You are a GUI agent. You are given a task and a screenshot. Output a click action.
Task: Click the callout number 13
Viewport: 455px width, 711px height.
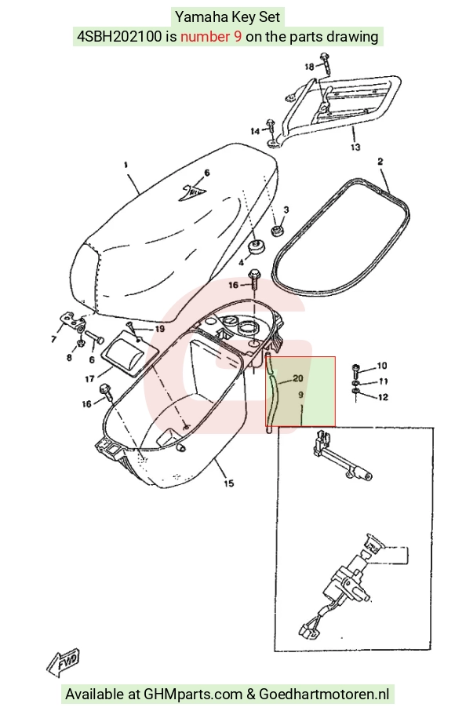pyautogui.click(x=355, y=147)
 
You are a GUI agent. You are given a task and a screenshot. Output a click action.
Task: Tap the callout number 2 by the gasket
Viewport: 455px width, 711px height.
pyautogui.click(x=380, y=161)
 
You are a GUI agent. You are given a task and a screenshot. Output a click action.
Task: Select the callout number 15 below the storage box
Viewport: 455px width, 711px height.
pyautogui.click(x=229, y=483)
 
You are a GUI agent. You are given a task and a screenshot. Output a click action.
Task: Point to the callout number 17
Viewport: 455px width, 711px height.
pyautogui.click(x=89, y=378)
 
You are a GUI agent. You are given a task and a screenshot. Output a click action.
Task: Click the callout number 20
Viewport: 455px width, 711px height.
pyautogui.click(x=298, y=378)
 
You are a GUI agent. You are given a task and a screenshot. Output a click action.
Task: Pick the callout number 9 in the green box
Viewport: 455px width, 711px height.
pyautogui.click(x=300, y=395)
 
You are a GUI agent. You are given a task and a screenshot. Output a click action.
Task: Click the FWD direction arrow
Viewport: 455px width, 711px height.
pyautogui.click(x=64, y=663)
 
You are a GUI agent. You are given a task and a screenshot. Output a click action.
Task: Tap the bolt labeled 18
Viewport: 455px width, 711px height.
pyautogui.click(x=325, y=64)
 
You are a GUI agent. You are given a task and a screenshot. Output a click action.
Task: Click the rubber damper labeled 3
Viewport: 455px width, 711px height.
pyautogui.click(x=276, y=231)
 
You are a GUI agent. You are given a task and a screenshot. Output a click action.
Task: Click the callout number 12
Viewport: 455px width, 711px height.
pyautogui.click(x=383, y=397)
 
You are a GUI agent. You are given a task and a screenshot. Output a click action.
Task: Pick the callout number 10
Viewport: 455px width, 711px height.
pyautogui.click(x=381, y=366)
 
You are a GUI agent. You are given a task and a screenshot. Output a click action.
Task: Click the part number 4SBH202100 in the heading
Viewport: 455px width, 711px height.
pyautogui.click(x=119, y=36)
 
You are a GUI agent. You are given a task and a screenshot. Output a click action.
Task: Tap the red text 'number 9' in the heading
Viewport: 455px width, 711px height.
pyautogui.click(x=211, y=36)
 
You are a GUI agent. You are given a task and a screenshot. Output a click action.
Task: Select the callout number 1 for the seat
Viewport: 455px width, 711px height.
pyautogui.click(x=126, y=166)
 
